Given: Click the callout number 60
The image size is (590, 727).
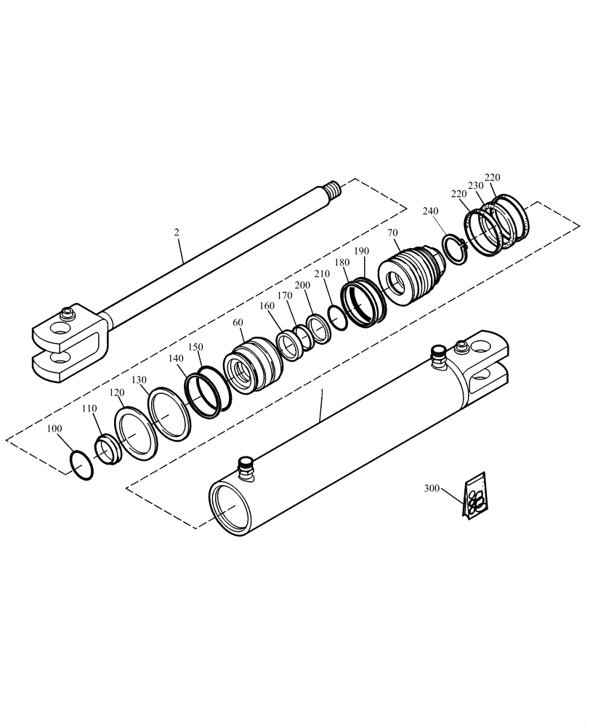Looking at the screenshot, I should click(x=238, y=322).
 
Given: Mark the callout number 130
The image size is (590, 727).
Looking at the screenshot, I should click(x=140, y=381).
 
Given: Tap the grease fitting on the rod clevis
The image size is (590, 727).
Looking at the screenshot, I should click(x=68, y=314).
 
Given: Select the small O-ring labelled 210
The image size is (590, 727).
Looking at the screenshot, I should click(x=336, y=316).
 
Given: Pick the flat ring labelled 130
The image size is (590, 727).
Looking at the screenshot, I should click(x=169, y=414).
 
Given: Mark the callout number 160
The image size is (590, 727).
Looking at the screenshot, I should click(x=267, y=306).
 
